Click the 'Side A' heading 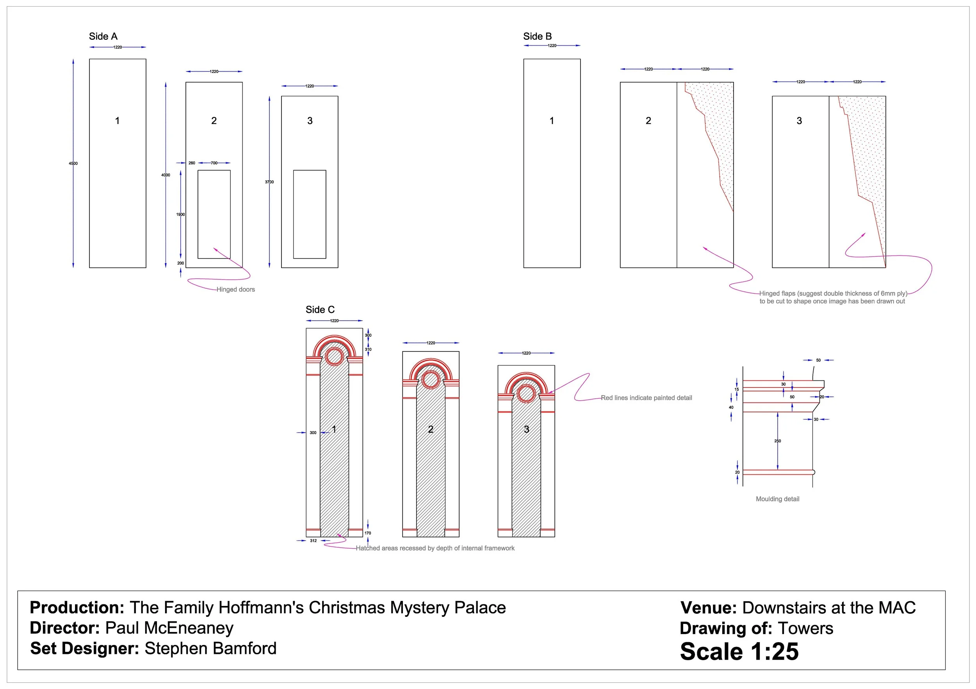tap(103, 37)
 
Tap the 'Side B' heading tap(537, 37)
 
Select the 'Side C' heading tap(320, 310)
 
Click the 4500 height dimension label tap(73, 163)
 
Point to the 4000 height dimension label tap(166, 175)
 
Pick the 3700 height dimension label tap(269, 182)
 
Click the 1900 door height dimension tap(181, 215)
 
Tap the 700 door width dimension tap(214, 163)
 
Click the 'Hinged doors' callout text tap(235, 289)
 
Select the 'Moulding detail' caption tap(778, 499)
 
